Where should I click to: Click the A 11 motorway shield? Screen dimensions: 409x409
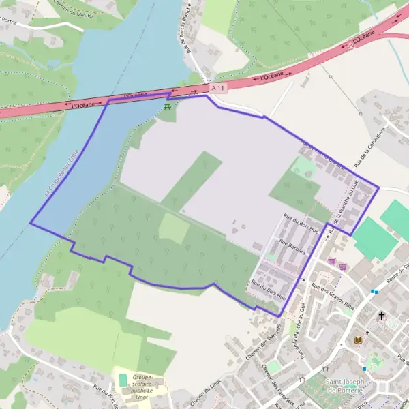[217, 88]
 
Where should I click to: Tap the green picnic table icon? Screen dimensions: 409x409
[168, 108]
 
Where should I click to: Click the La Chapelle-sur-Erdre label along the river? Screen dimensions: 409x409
[62, 173]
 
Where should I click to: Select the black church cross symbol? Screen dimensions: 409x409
[382, 316]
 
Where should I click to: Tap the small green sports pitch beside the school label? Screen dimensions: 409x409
[123, 379]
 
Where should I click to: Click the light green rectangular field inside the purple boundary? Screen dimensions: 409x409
[174, 229]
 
